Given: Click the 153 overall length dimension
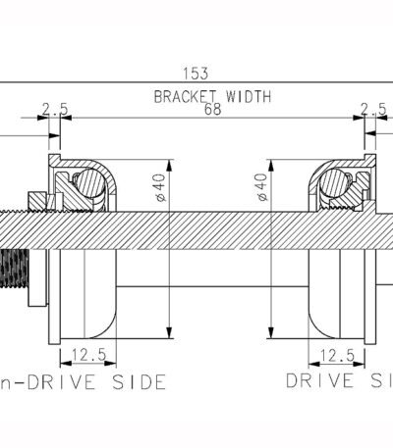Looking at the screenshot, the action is pyautogui.click(x=196, y=74).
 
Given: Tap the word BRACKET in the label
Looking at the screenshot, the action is pyautogui.click(x=185, y=97).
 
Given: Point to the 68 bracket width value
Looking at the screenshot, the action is pyautogui.click(x=213, y=110).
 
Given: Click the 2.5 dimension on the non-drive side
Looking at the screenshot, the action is pyautogui.click(x=55, y=110).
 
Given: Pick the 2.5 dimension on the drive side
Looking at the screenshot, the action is pyautogui.click(x=373, y=110).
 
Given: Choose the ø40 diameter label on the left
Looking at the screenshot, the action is pyautogui.click(x=161, y=188).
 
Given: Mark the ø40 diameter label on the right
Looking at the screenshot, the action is pyautogui.click(x=262, y=187).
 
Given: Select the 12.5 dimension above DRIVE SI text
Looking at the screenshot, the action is pyautogui.click(x=337, y=356).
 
